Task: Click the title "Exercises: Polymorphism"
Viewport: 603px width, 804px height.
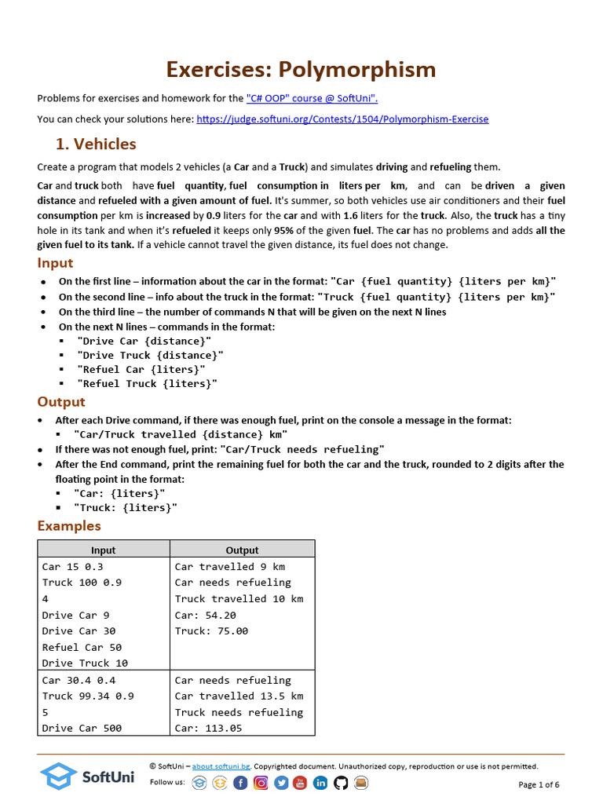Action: click(x=301, y=69)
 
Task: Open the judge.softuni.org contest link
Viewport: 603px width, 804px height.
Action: click(x=342, y=119)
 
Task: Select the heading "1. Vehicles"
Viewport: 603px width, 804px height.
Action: click(x=95, y=144)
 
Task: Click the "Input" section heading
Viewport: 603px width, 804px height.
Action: click(x=55, y=263)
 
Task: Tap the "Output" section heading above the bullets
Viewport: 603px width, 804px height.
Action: click(x=61, y=402)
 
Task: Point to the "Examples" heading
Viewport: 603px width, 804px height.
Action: click(x=69, y=526)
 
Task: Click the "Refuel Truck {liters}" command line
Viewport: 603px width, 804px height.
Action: click(x=147, y=384)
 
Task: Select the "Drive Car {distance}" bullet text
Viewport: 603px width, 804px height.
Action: click(x=144, y=341)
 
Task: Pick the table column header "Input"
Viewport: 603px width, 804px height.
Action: click(x=104, y=550)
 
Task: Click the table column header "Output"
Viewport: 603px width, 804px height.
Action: click(x=242, y=550)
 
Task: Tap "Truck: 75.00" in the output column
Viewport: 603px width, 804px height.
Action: click(x=211, y=631)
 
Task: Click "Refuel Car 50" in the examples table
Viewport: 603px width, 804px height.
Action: click(x=82, y=647)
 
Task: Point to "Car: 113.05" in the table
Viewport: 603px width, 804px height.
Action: click(x=208, y=729)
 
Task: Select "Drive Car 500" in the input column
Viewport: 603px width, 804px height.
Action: click(x=82, y=729)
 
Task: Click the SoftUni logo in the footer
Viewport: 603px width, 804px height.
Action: click(x=87, y=777)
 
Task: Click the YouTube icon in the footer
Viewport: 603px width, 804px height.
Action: click(x=301, y=783)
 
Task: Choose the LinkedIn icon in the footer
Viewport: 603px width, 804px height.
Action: click(x=320, y=783)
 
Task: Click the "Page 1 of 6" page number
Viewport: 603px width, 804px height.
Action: click(x=539, y=784)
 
